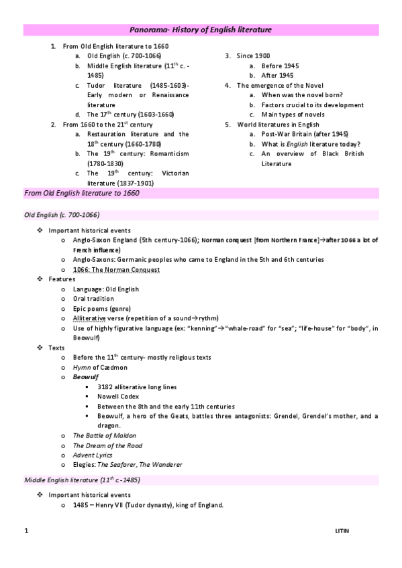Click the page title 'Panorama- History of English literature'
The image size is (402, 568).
click(201, 30)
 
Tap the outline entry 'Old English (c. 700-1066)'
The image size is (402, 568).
click(124, 56)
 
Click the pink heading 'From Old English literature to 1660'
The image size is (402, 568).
click(82, 193)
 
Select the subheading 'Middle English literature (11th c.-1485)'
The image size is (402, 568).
click(82, 480)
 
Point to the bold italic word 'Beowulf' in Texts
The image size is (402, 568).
click(86, 377)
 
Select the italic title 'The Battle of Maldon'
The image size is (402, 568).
click(104, 435)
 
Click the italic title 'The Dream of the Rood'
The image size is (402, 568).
click(107, 445)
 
